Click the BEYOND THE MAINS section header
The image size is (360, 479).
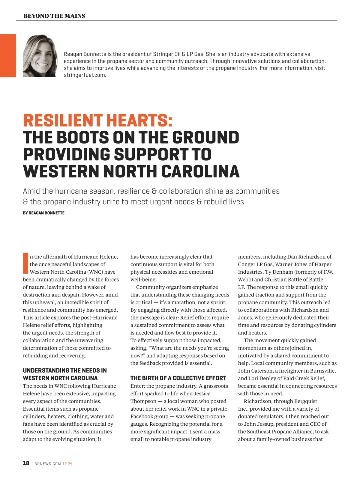54,16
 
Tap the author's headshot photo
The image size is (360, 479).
40,56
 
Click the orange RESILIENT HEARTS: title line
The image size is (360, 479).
98,120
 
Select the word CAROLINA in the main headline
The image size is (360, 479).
200,171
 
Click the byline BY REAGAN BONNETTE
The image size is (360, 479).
43,213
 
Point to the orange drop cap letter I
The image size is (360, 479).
25,263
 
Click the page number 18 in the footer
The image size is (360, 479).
26,463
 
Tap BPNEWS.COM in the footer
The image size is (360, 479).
48,464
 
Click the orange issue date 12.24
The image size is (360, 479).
67,464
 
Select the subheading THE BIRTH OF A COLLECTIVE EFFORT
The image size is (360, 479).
178,378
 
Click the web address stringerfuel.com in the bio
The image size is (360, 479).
85,75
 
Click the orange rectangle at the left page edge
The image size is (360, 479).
8,56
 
